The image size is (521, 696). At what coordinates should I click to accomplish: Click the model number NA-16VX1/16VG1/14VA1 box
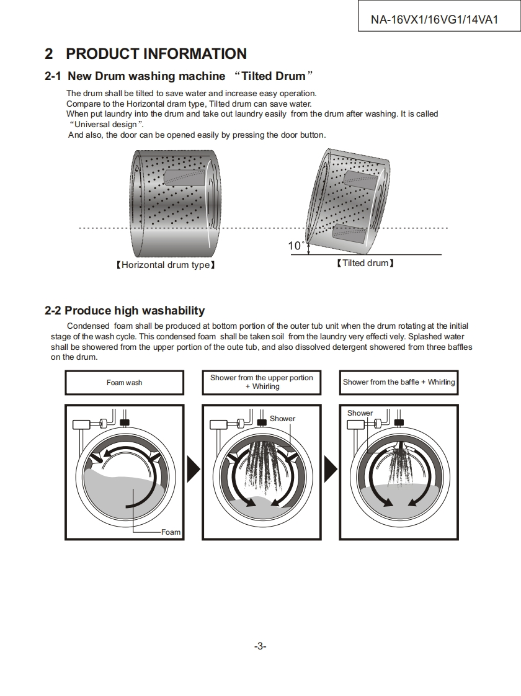tap(434, 19)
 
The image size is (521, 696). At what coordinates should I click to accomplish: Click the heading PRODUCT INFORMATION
tap(156, 54)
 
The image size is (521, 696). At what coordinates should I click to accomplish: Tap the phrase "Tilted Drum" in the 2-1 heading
tap(273, 76)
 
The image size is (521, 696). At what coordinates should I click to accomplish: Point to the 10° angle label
tap(296, 246)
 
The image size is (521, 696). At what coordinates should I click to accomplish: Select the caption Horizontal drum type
tap(166, 265)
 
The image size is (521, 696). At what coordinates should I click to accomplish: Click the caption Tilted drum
tap(365, 263)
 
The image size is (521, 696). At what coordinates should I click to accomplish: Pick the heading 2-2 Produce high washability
tap(125, 311)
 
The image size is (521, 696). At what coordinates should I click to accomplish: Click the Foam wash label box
tap(124, 383)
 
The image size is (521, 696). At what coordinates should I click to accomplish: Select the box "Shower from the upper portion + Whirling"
tap(262, 382)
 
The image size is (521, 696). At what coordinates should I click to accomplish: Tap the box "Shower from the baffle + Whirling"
tap(399, 382)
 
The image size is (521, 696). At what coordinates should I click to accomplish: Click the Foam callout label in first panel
tap(171, 532)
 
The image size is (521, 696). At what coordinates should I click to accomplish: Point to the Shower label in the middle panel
tap(282, 419)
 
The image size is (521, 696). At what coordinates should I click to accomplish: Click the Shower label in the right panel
tap(360, 413)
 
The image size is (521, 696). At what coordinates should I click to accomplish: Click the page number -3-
tap(260, 646)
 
